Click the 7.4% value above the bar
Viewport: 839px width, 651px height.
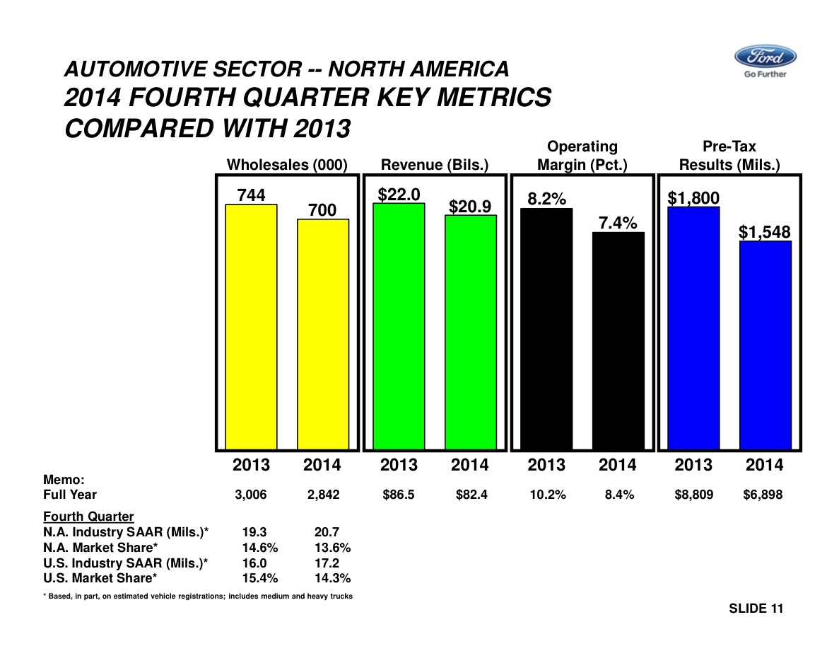pyautogui.click(x=618, y=224)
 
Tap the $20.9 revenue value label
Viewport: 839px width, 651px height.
pyautogui.click(x=470, y=206)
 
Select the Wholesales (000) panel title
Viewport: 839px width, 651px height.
pyautogui.click(x=287, y=165)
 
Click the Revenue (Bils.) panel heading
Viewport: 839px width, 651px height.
pyautogui.click(x=435, y=165)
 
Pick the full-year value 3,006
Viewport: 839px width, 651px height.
pyautogui.click(x=251, y=495)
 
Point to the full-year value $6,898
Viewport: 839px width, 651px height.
pyautogui.click(x=763, y=495)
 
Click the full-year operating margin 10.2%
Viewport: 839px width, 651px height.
pyautogui.click(x=547, y=495)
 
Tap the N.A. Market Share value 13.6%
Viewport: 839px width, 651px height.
pyautogui.click(x=332, y=548)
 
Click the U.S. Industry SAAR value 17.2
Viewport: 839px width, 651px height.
pyautogui.click(x=326, y=563)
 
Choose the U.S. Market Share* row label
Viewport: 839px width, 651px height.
pyautogui.click(x=100, y=579)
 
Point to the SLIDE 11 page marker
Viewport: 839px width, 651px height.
pyautogui.click(x=756, y=609)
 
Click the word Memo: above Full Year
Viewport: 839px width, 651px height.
pyautogui.click(x=64, y=480)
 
